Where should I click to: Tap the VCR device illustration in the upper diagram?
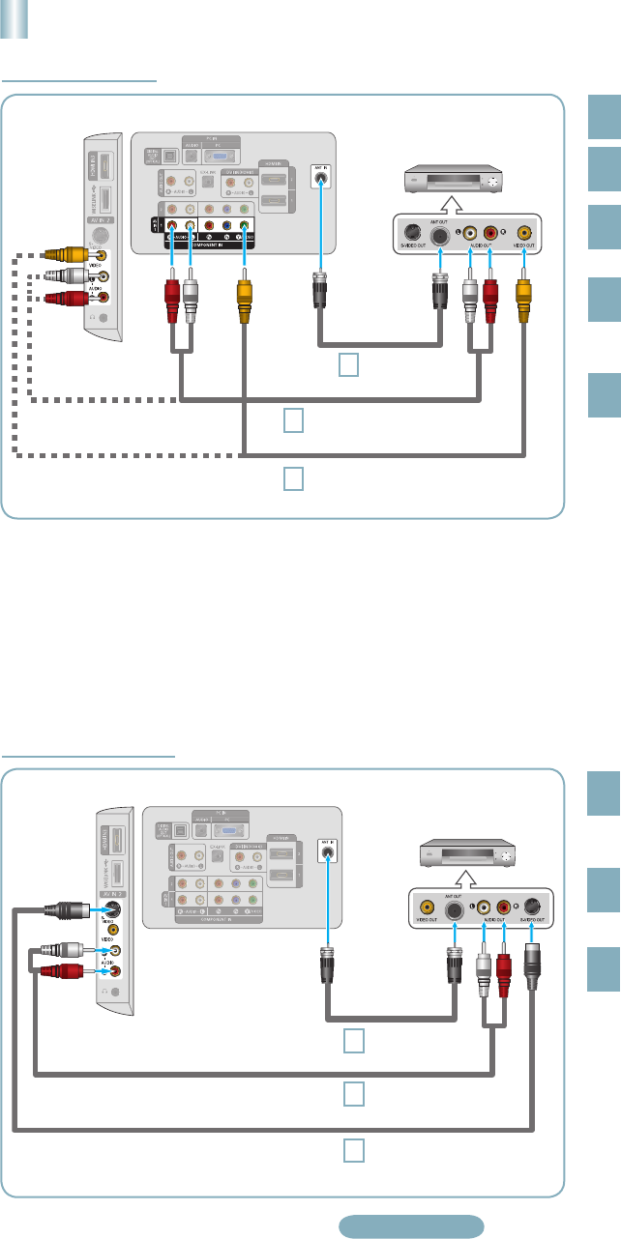tap(456, 180)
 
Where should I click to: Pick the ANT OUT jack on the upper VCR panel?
tap(440, 235)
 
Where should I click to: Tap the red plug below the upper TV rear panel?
tap(172, 291)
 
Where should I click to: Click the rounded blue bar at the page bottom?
tap(411, 1225)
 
